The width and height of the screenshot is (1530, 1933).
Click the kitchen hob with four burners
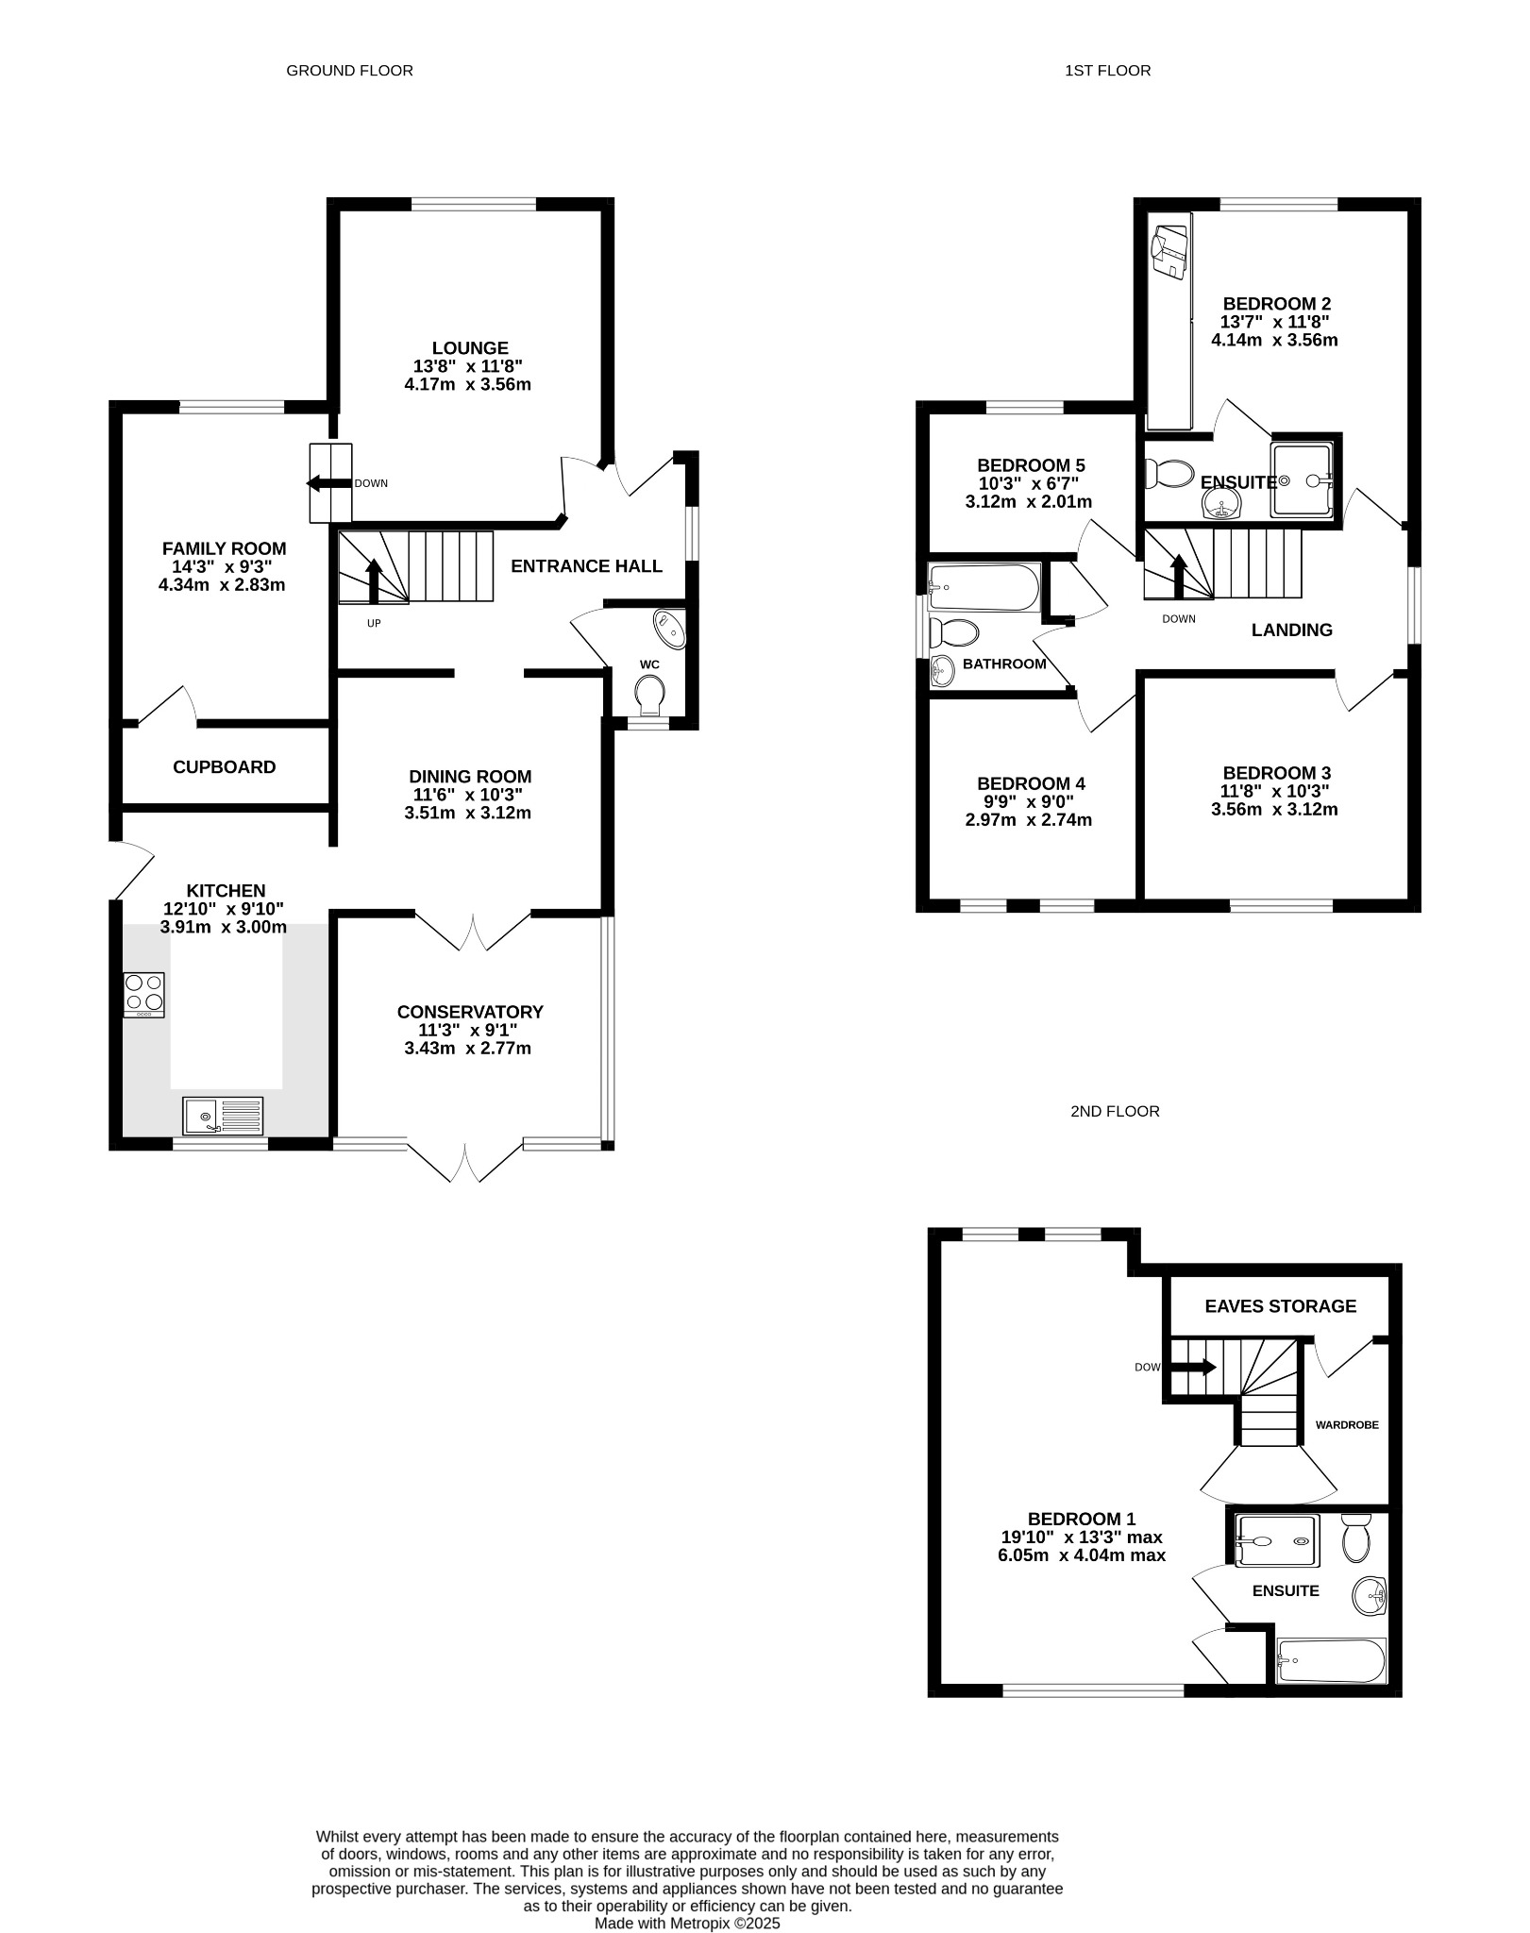point(143,995)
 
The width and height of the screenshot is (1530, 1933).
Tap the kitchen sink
point(223,1116)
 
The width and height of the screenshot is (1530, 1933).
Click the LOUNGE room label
point(470,348)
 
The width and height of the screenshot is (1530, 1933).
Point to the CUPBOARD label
point(225,767)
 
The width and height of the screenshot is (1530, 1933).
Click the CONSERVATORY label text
point(470,1012)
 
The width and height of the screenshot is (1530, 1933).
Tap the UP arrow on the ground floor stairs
point(374,580)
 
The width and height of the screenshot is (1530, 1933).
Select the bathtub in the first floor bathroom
point(984,588)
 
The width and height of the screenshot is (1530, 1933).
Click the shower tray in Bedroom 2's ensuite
point(1303,480)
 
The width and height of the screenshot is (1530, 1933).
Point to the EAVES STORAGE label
point(1280,1306)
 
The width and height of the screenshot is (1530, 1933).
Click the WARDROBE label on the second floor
point(1347,1425)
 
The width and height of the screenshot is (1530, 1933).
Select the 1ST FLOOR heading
point(1107,71)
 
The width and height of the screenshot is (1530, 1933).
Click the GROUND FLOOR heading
point(349,71)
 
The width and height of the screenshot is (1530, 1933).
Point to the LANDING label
point(1291,630)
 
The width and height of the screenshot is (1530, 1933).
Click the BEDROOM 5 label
point(1031,465)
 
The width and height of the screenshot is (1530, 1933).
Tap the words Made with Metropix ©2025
point(687,1923)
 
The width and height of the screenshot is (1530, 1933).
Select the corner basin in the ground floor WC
point(669,629)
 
